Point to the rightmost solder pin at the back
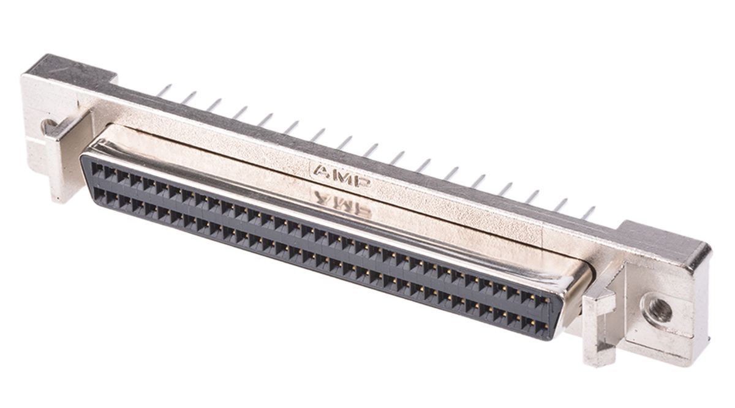coord(588,212)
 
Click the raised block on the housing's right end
coord(665,242)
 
